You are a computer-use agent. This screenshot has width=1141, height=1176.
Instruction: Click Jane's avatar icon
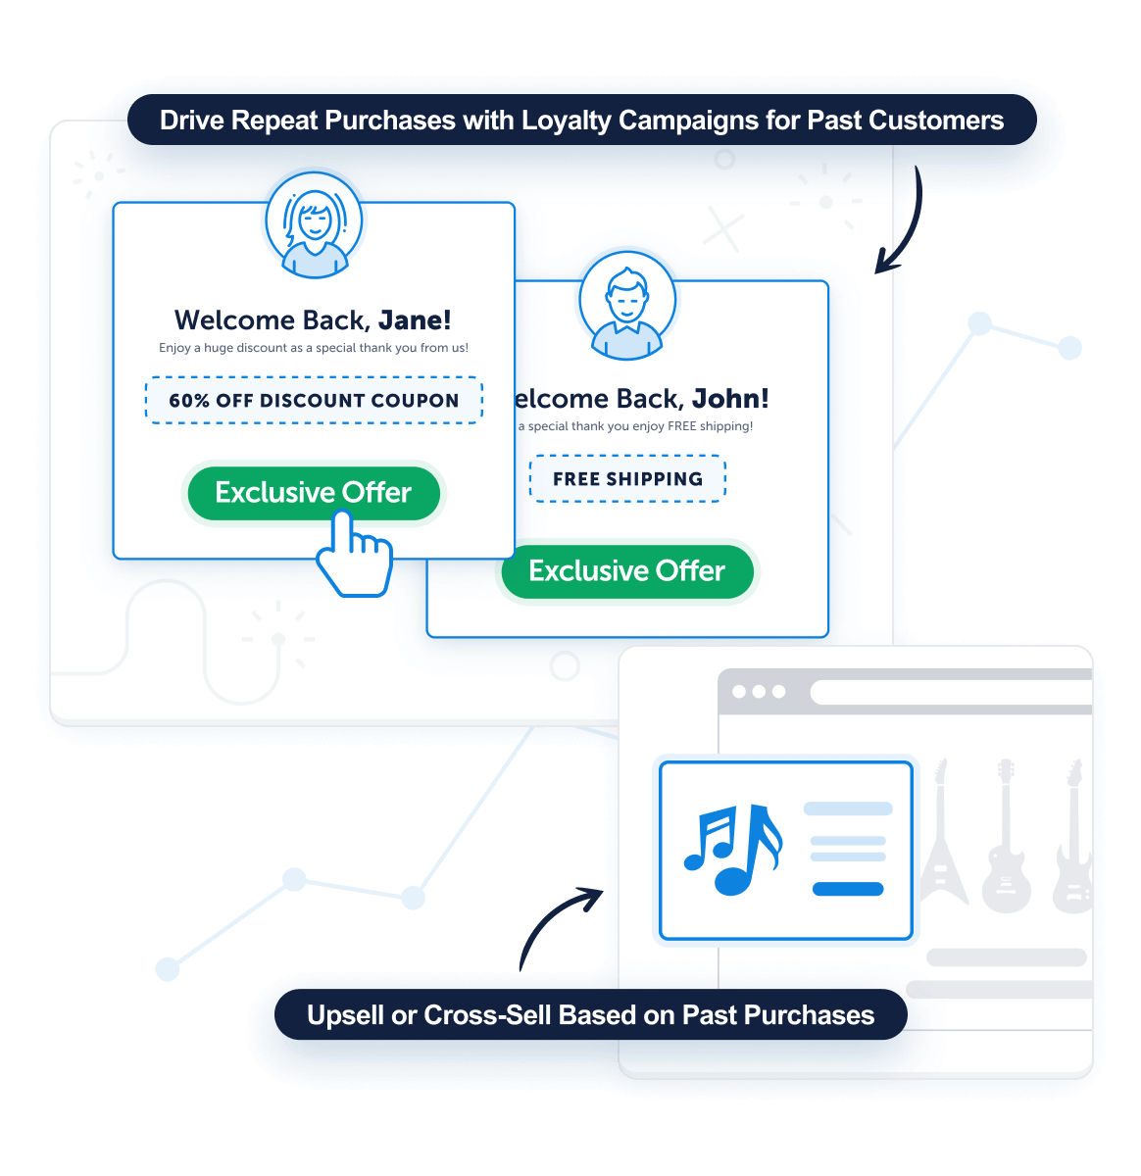click(314, 221)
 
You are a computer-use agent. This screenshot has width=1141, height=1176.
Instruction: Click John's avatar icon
click(627, 300)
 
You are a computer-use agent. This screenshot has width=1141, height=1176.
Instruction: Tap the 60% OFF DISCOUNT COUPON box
click(314, 400)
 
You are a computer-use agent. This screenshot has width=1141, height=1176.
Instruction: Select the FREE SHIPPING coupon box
click(627, 478)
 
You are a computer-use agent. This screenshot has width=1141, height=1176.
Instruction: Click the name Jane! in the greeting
click(415, 320)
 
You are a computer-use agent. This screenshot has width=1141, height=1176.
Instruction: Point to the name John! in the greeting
click(730, 399)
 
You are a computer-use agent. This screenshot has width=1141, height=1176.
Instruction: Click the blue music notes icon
click(733, 849)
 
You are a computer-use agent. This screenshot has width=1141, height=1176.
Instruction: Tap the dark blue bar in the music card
click(848, 889)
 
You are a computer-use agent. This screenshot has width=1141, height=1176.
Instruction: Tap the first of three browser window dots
click(739, 691)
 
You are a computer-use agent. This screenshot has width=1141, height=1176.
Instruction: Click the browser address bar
click(951, 692)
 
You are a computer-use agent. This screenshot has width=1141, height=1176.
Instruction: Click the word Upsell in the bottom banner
click(345, 1016)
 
